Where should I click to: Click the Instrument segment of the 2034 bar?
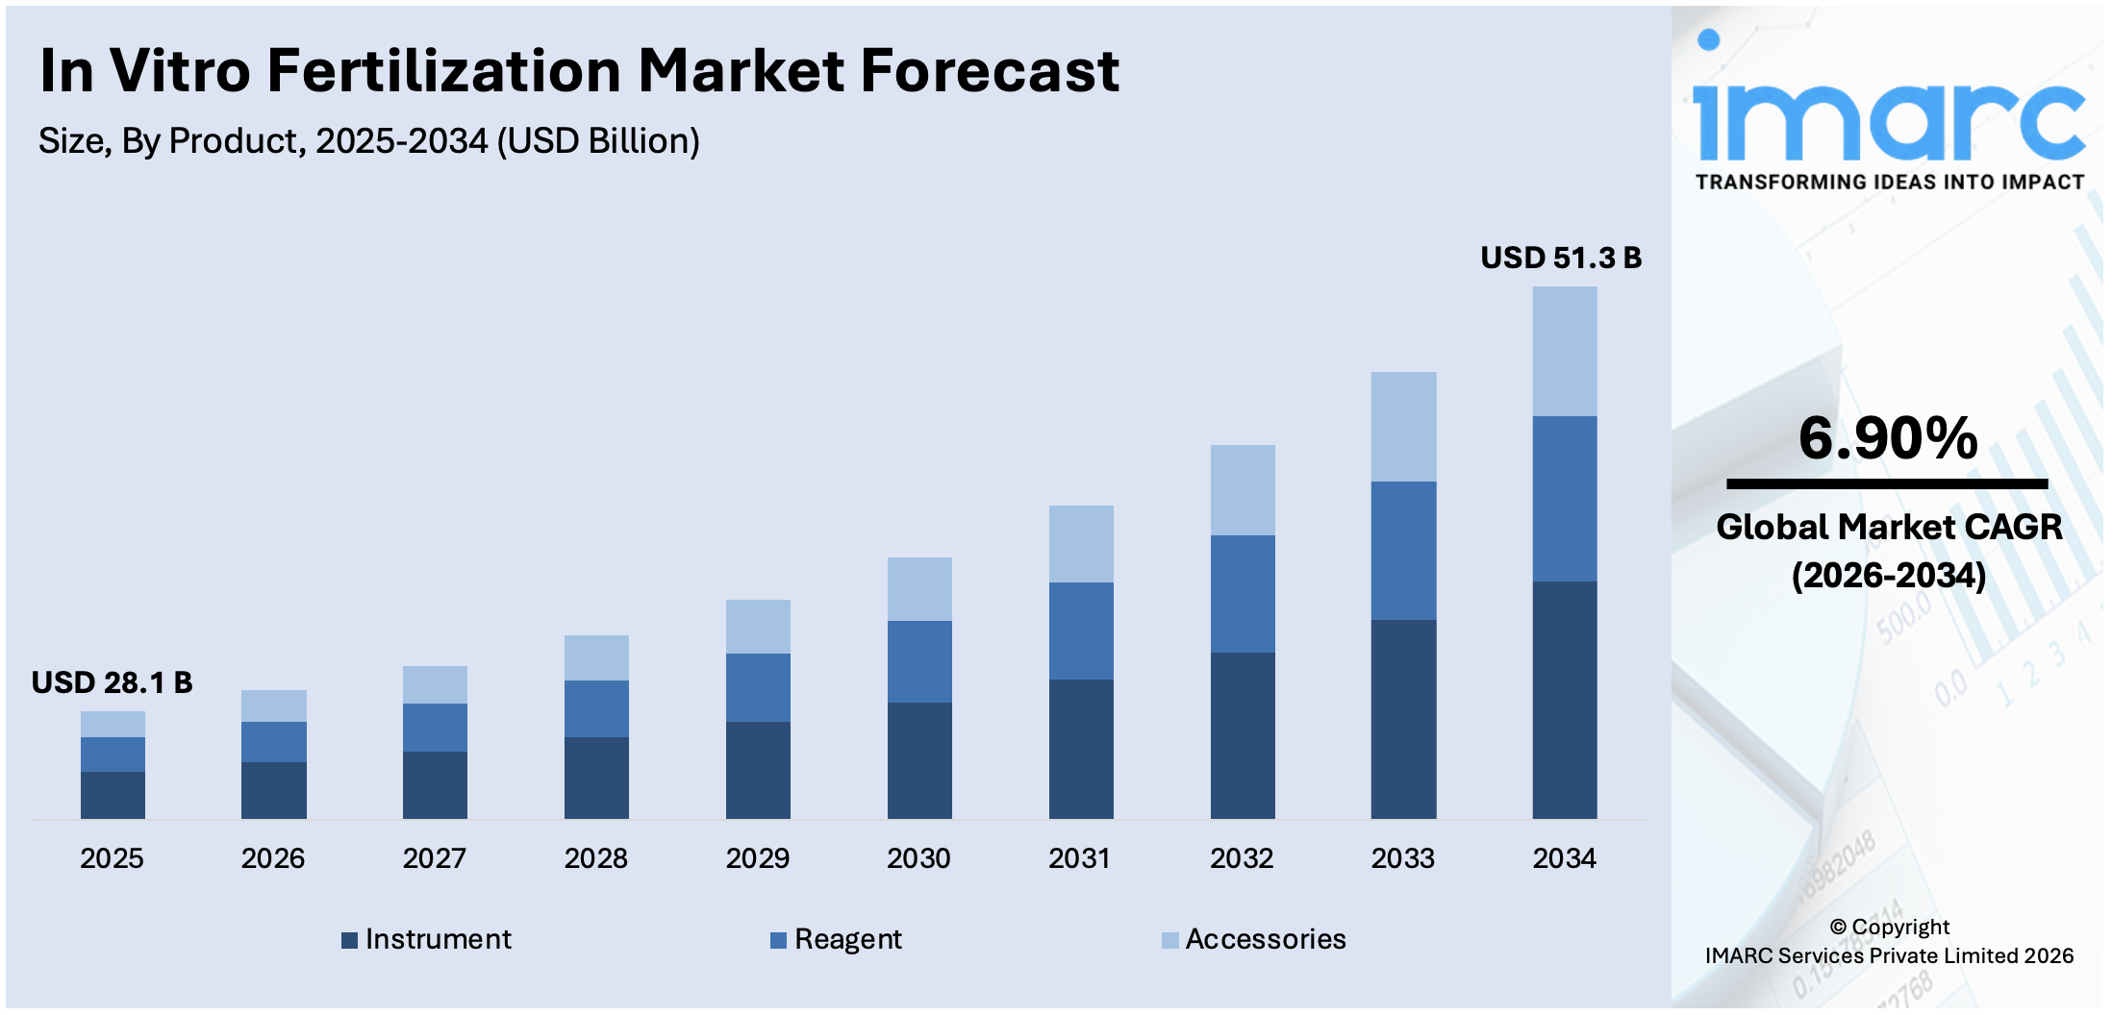1564,700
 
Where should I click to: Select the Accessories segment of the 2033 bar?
1403,427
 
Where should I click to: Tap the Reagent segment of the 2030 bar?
918,661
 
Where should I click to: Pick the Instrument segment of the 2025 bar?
113,795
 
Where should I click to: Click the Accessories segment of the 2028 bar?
596,657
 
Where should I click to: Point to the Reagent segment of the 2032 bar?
1242,594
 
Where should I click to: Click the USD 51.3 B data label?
1560,258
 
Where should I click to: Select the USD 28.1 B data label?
112,682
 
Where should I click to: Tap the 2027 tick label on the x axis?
434,858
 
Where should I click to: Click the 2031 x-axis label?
1079,858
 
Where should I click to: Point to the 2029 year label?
757,858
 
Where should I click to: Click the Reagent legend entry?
836,939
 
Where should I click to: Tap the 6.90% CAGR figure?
1887,438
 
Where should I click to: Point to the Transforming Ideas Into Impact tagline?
1889,183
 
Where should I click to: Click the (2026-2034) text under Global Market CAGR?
1888,576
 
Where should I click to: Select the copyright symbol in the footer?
1837,928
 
